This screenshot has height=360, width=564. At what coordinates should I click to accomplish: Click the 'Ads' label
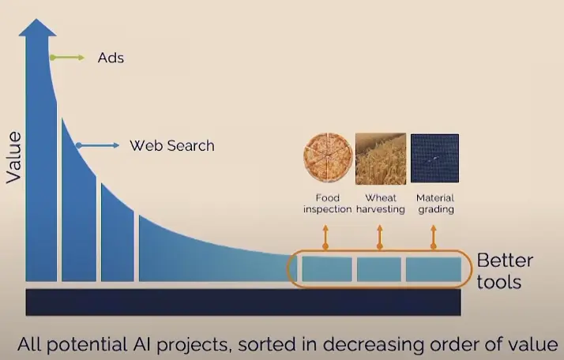click(x=111, y=58)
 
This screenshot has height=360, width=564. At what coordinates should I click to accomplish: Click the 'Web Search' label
click(x=172, y=145)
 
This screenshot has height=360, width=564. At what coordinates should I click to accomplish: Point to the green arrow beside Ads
click(x=67, y=58)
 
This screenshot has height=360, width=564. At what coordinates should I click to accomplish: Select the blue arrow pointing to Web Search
click(x=97, y=145)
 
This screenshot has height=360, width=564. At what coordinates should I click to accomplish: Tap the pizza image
click(x=328, y=158)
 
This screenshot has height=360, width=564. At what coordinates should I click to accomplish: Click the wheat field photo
click(x=381, y=159)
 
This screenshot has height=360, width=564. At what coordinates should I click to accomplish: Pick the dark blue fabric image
click(x=434, y=158)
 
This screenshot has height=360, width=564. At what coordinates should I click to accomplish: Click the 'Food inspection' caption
click(x=327, y=204)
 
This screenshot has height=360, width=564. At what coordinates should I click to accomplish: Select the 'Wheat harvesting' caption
click(x=381, y=204)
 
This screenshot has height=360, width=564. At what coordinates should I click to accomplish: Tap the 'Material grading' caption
click(x=435, y=204)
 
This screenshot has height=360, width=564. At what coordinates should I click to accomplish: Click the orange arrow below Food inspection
click(x=325, y=238)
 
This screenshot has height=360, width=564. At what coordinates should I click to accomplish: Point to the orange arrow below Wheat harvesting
click(x=379, y=238)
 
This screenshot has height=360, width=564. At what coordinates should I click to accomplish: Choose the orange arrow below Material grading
click(x=434, y=238)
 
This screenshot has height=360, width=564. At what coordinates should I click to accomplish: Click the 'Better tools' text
click(x=504, y=271)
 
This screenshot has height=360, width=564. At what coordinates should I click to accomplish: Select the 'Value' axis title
click(x=14, y=158)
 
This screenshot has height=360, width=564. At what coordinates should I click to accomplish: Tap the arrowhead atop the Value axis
click(x=37, y=28)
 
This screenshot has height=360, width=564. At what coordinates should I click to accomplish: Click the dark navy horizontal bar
click(x=243, y=302)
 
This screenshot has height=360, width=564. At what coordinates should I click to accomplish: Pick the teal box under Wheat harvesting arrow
click(x=379, y=269)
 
